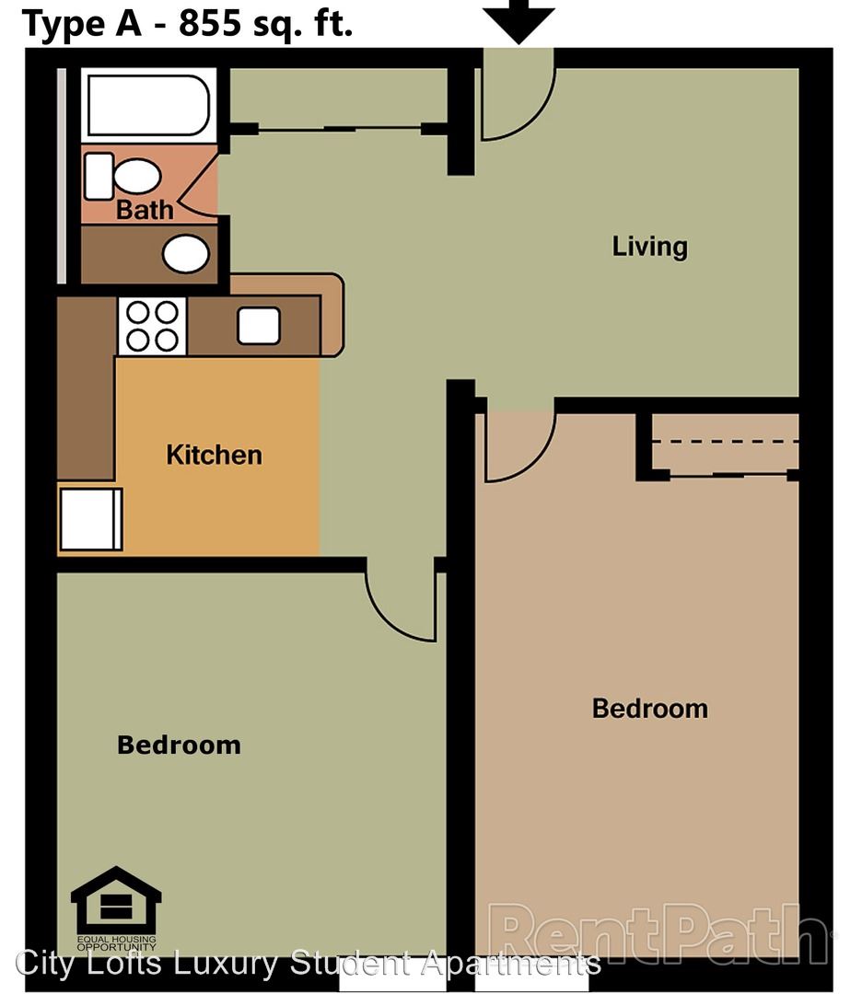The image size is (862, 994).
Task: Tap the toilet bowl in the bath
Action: click(x=137, y=176)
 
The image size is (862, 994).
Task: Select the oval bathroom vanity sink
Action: click(x=186, y=254)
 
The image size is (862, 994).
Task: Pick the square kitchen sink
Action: click(x=259, y=326)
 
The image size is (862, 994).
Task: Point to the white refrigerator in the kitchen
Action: click(x=90, y=519)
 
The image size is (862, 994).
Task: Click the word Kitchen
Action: click(x=214, y=456)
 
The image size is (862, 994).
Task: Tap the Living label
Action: click(x=649, y=247)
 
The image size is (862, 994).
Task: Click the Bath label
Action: click(x=145, y=210)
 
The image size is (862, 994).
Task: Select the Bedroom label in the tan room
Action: click(x=650, y=709)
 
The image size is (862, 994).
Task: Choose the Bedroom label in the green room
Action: click(x=179, y=745)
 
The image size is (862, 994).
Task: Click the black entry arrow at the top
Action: click(x=519, y=20)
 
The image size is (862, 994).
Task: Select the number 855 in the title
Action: click(x=210, y=23)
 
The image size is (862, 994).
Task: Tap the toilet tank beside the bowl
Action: click(x=99, y=176)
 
